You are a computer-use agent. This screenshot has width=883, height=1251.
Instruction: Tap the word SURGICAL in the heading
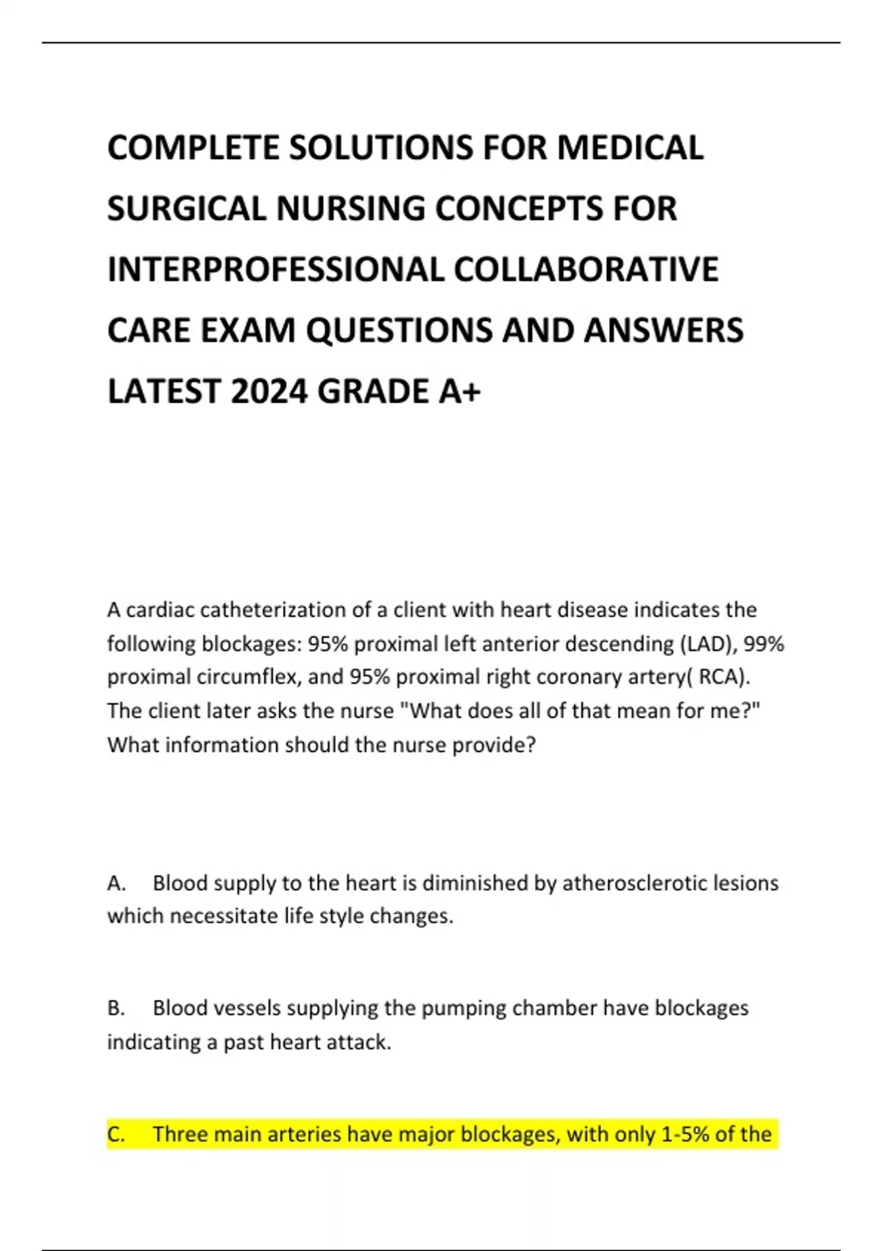pyautogui.click(x=186, y=208)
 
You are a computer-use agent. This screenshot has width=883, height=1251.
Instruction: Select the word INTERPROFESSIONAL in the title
pyautogui.click(x=274, y=269)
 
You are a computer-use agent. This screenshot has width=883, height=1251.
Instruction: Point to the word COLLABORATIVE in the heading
pyautogui.click(x=586, y=269)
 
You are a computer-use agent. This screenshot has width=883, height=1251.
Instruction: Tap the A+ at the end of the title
pyautogui.click(x=460, y=391)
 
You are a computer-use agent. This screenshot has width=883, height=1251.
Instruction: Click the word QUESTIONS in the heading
pyautogui.click(x=398, y=330)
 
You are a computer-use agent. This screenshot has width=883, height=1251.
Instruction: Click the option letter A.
pyautogui.click(x=116, y=883)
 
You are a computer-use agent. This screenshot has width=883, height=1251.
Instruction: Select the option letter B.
pyautogui.click(x=116, y=1008)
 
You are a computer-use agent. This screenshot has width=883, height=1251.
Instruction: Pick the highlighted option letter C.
pyautogui.click(x=116, y=1135)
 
